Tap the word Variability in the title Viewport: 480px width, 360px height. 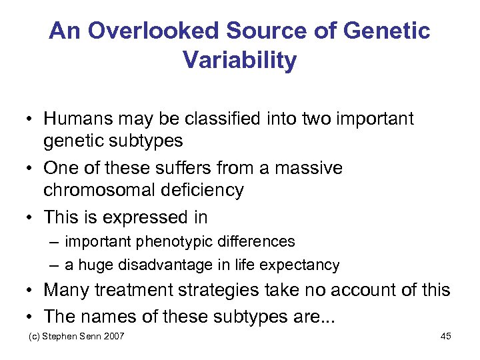coord(239,61)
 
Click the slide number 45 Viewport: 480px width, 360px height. coord(446,336)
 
